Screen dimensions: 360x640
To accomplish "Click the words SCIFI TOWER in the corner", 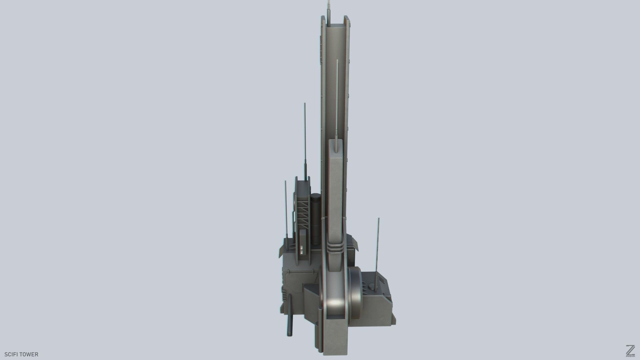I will tap(22, 354).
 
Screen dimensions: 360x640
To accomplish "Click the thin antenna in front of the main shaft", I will tap(337, 100).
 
